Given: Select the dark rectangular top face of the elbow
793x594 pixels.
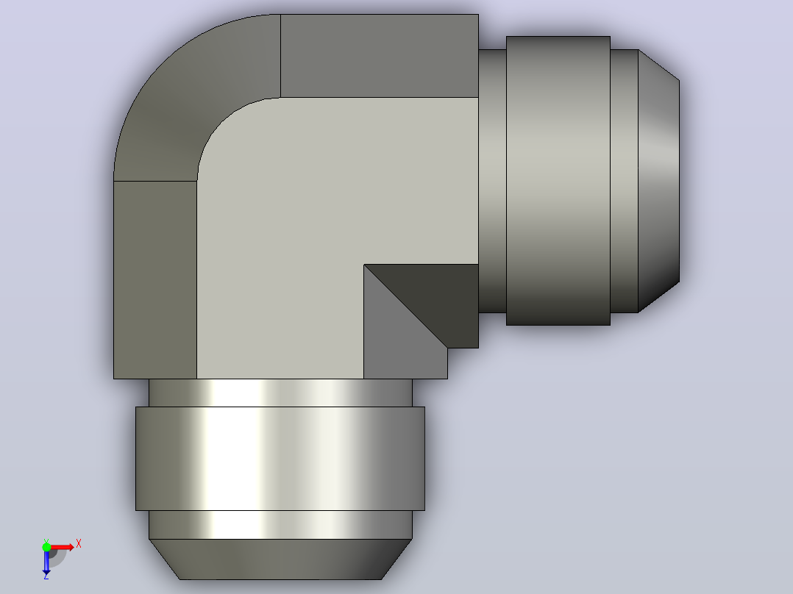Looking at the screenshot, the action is click(x=380, y=56).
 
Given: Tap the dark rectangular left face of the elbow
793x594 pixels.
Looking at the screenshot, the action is click(x=155, y=279).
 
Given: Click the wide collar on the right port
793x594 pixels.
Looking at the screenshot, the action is click(x=558, y=180).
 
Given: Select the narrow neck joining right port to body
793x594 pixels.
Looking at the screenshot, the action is click(x=493, y=180).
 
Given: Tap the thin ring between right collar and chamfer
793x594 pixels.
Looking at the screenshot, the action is click(x=625, y=180).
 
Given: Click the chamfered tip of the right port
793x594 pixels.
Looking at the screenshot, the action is click(x=658, y=180).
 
